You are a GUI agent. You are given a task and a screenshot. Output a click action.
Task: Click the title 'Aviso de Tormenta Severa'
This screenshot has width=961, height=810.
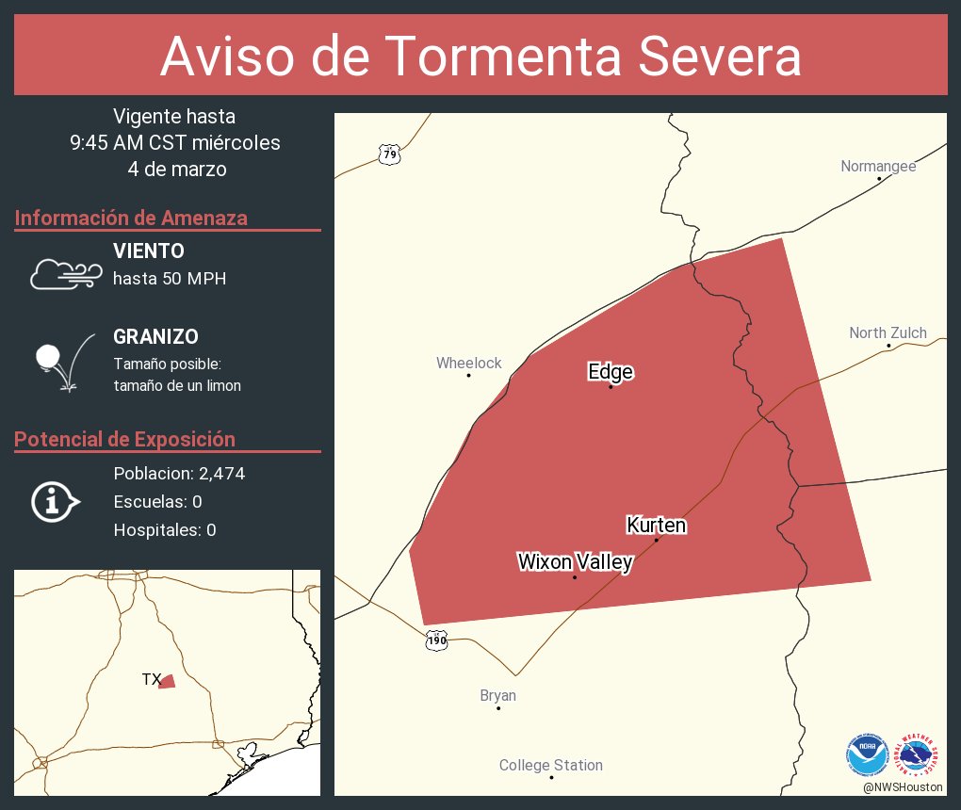coord(480,57)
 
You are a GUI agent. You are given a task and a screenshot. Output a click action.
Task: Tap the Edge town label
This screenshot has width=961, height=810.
coord(610,372)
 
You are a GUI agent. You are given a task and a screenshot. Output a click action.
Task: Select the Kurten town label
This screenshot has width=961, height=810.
coord(656,525)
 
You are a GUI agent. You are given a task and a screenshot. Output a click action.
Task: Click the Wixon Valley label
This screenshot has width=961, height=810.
coord(575,561)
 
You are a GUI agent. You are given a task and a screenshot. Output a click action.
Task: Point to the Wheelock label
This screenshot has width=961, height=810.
coord(468,363)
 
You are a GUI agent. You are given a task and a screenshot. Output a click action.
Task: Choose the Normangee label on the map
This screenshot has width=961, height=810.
coord(878,167)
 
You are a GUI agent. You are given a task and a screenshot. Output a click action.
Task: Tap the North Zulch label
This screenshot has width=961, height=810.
coord(888,332)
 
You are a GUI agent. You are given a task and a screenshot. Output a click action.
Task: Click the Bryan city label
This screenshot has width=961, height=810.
coord(497,696)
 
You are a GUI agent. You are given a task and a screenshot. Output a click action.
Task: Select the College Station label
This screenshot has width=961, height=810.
coord(550,765)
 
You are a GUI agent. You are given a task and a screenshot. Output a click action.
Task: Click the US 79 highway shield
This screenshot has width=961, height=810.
coord(389,154)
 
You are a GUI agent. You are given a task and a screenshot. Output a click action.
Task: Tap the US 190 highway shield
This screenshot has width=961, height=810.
coord(436,640)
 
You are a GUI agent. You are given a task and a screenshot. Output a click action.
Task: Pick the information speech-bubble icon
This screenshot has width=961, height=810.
coord(55,501)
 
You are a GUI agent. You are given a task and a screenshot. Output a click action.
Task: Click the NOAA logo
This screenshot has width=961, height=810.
coord(867,753)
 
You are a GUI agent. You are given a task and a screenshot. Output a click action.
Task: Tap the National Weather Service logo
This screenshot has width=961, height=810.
coord(919,753)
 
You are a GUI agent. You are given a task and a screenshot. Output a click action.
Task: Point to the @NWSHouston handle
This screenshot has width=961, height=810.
coord(902,786)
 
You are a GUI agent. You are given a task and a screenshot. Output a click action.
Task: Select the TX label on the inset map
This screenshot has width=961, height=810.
coord(151,679)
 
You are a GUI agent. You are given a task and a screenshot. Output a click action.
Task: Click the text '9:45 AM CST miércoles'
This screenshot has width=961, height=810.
coord(174,143)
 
